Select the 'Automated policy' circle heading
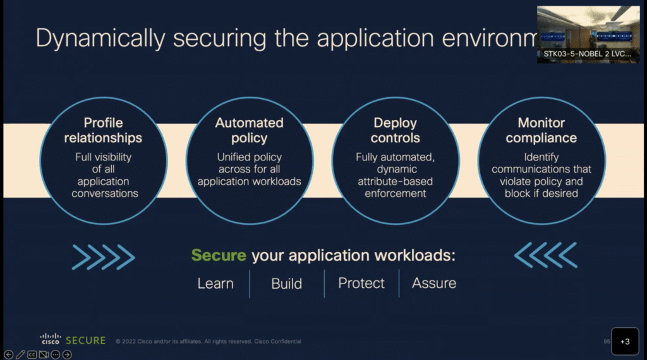coord(249,130)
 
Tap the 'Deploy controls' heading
coord(396,130)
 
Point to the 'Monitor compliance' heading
coord(541,130)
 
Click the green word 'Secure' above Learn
coord(219,256)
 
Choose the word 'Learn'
coord(215,284)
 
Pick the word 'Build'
coord(287,284)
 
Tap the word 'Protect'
coord(361,284)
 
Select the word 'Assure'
coord(434,284)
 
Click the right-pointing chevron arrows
coord(104,256)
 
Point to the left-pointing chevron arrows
coord(545,255)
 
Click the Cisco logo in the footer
coord(51,340)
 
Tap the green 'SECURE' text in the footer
coord(86,340)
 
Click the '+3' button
coord(625,341)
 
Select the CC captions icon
coord(32,354)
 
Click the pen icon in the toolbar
coord(20,354)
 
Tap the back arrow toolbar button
coord(8,354)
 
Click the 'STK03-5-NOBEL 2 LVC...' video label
coord(588,54)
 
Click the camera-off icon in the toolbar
coord(44,354)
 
